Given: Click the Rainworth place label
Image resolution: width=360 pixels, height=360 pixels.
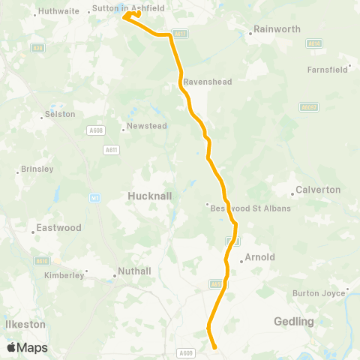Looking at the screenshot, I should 277,29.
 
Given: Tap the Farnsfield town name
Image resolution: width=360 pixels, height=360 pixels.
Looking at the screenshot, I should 328,70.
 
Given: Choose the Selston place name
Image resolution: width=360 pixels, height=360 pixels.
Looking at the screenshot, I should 61,114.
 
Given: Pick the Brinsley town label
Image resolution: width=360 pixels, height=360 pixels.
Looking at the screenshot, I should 38,169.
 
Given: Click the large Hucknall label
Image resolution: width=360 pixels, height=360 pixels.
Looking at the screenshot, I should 150,195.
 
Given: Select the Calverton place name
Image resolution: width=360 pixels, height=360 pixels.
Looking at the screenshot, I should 318,190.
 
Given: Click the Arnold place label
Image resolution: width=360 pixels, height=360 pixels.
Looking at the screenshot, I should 259,257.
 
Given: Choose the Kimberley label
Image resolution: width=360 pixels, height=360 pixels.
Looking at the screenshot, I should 64,275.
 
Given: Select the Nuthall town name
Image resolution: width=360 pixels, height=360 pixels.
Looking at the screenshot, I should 135,271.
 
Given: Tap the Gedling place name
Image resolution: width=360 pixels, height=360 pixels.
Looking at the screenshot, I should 294,321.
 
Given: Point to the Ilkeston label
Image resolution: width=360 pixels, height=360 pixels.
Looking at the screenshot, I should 26,324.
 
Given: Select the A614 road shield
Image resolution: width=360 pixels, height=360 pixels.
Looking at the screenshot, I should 314,44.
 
